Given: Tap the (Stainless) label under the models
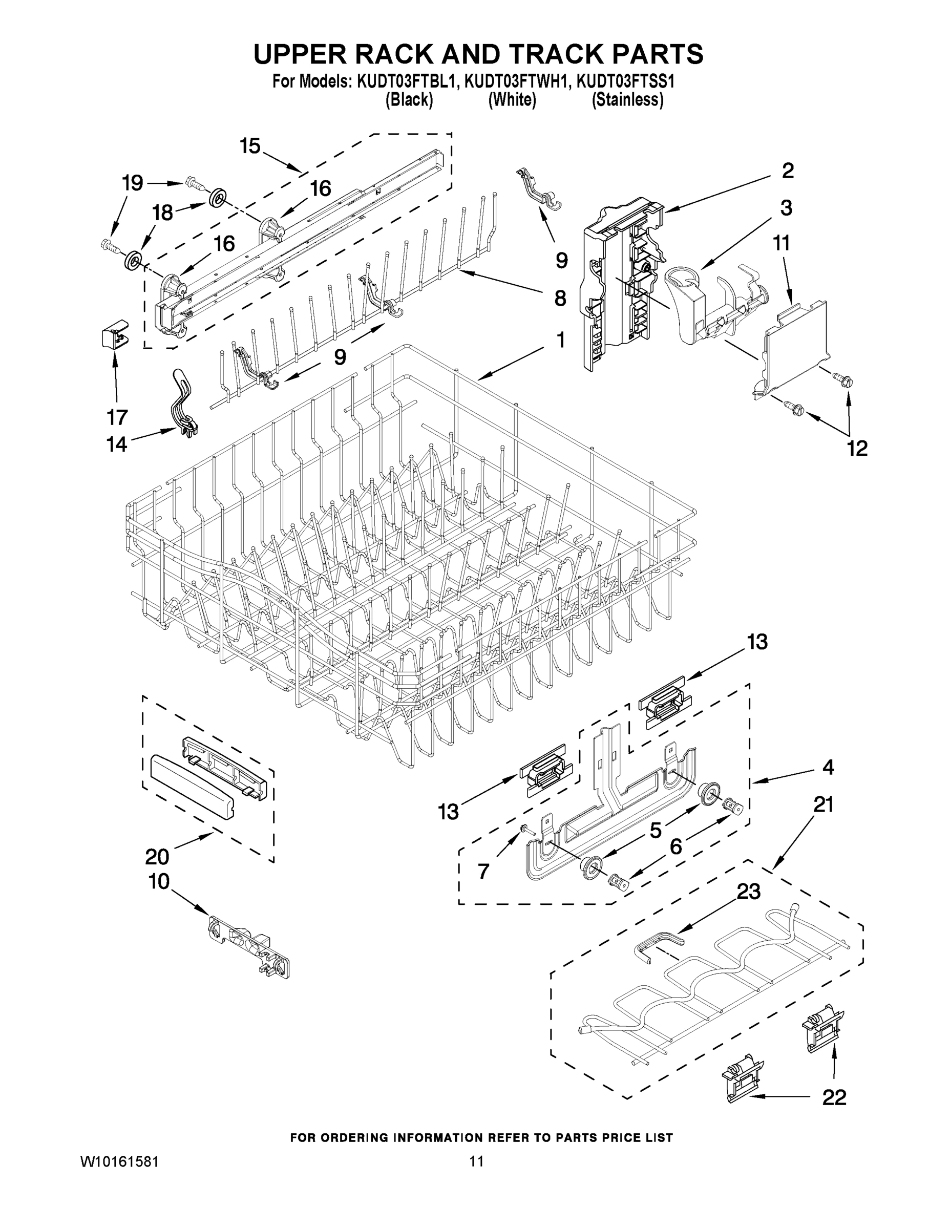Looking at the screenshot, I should click(x=627, y=100).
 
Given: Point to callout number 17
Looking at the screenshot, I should click(x=117, y=417).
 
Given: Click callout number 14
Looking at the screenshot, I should click(x=116, y=444).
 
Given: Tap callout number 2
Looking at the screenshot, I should click(x=787, y=171).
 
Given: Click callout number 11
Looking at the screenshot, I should click(x=781, y=243).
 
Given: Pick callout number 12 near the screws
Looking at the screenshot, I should click(x=857, y=448).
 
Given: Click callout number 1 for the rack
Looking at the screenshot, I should click(x=561, y=340).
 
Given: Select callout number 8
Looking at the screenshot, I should click(x=559, y=298).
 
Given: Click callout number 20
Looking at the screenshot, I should click(x=157, y=857).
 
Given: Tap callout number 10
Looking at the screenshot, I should click(x=159, y=881).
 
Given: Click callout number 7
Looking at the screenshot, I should click(x=483, y=871).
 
